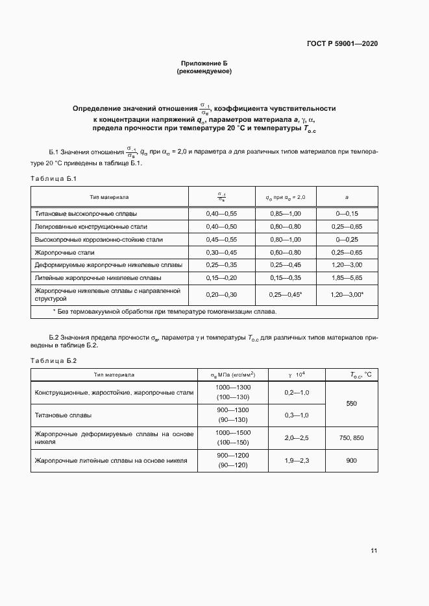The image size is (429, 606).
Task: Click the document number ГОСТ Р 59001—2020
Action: pos(342,43)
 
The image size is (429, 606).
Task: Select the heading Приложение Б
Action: pos(204,63)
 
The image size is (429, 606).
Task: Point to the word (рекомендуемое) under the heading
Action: pos(204,71)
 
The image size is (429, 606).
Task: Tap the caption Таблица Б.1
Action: pos(54,178)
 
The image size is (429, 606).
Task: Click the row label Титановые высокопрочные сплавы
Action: pos(86,213)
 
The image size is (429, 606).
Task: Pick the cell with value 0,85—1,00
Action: pos(285,213)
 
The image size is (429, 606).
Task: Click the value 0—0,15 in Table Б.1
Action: pos(347,213)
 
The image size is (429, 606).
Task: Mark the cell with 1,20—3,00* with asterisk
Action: pos(347,295)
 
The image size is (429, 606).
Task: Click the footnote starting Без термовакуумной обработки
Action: pos(164,312)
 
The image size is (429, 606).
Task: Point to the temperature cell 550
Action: pos(351,404)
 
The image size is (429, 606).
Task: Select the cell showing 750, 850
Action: pos(351,438)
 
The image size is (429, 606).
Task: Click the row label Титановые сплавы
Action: pos(63,415)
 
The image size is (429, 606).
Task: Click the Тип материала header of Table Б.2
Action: pos(114,375)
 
